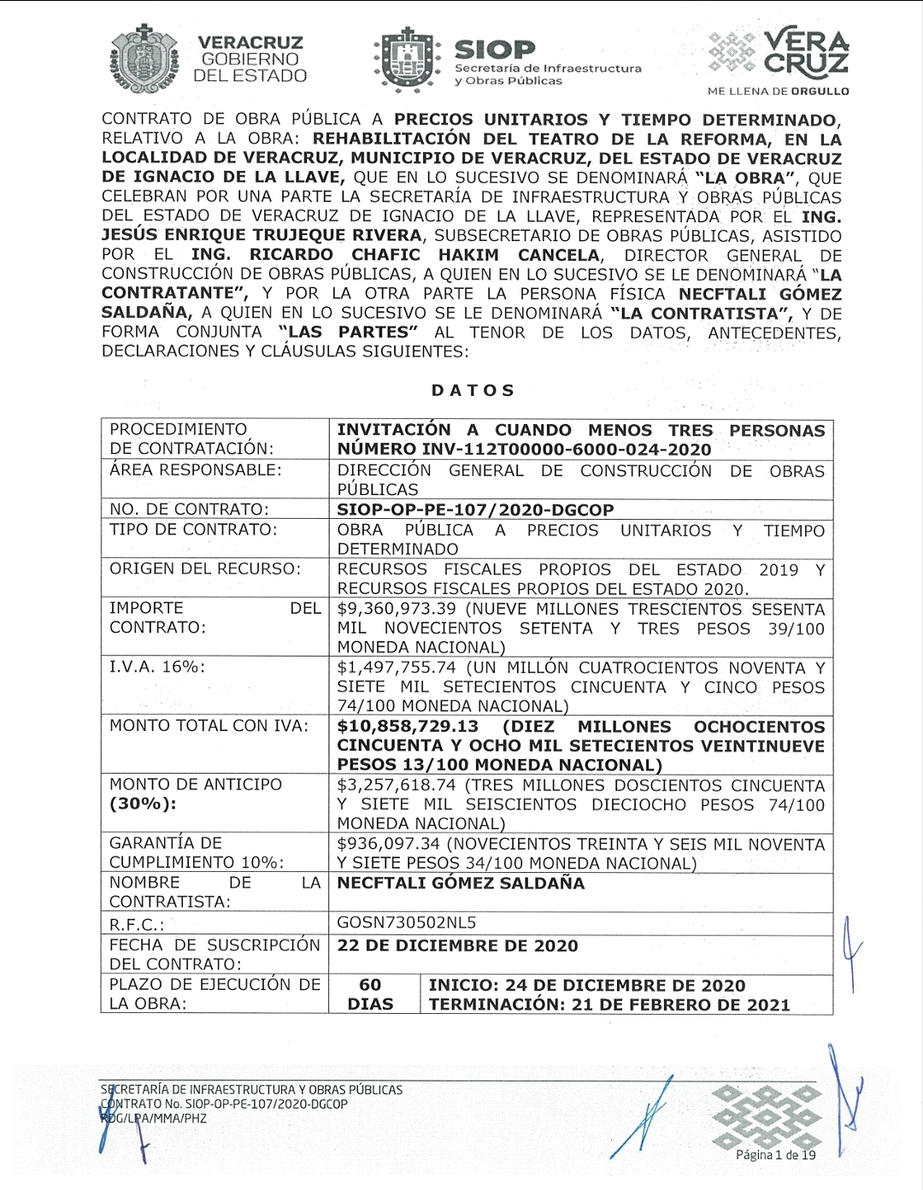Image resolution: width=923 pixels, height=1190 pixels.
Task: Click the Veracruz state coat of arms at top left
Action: (144, 58)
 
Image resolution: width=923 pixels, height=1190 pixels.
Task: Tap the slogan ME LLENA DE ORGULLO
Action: (778, 91)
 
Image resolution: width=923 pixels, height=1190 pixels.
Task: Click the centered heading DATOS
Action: (473, 391)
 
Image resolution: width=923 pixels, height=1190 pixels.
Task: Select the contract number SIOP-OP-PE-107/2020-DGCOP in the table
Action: (475, 510)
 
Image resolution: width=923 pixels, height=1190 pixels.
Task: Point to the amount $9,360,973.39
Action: (397, 610)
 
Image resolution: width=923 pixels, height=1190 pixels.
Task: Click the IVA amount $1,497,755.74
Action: (397, 668)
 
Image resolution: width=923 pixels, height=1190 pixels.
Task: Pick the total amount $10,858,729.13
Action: (408, 727)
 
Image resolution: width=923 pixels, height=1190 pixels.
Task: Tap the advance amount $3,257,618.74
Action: (397, 786)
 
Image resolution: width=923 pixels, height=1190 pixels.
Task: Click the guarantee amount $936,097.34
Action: (390, 845)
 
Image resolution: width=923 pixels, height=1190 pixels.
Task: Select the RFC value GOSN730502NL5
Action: (407, 923)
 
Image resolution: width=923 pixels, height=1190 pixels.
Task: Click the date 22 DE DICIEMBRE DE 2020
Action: (457, 946)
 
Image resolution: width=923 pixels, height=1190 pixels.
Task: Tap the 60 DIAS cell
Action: (371, 995)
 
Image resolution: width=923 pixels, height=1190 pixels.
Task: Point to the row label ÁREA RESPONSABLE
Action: (195, 470)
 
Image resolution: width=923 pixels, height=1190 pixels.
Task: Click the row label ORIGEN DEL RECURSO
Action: (205, 569)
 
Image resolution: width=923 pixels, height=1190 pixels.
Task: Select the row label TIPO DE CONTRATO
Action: (193, 530)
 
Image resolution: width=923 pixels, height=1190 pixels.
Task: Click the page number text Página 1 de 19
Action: (776, 1155)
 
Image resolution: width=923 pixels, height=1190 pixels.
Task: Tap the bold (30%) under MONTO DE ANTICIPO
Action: (143, 804)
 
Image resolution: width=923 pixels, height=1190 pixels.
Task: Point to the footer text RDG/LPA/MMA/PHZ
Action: (154, 1118)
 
